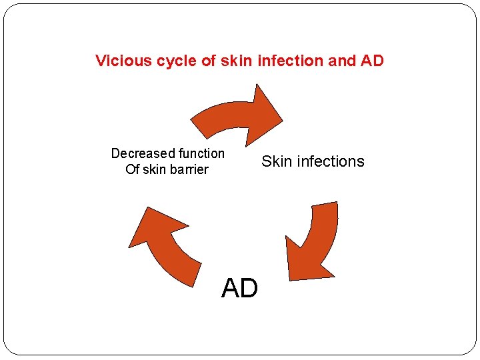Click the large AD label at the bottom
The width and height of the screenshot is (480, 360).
tap(239, 289)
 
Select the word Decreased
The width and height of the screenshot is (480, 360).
tap(140, 153)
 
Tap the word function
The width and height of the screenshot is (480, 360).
tap(197, 153)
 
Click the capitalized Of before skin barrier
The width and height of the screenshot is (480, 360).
tap(132, 169)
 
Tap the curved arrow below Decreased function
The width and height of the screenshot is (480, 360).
tap(167, 247)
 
